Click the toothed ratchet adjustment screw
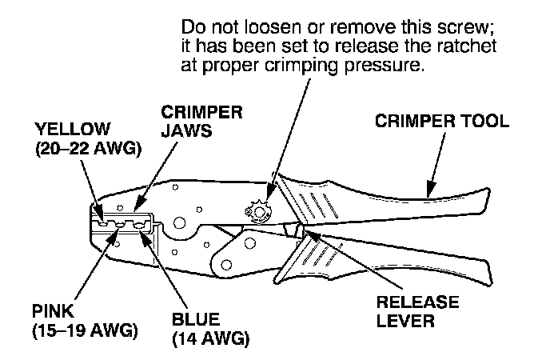(260, 211)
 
